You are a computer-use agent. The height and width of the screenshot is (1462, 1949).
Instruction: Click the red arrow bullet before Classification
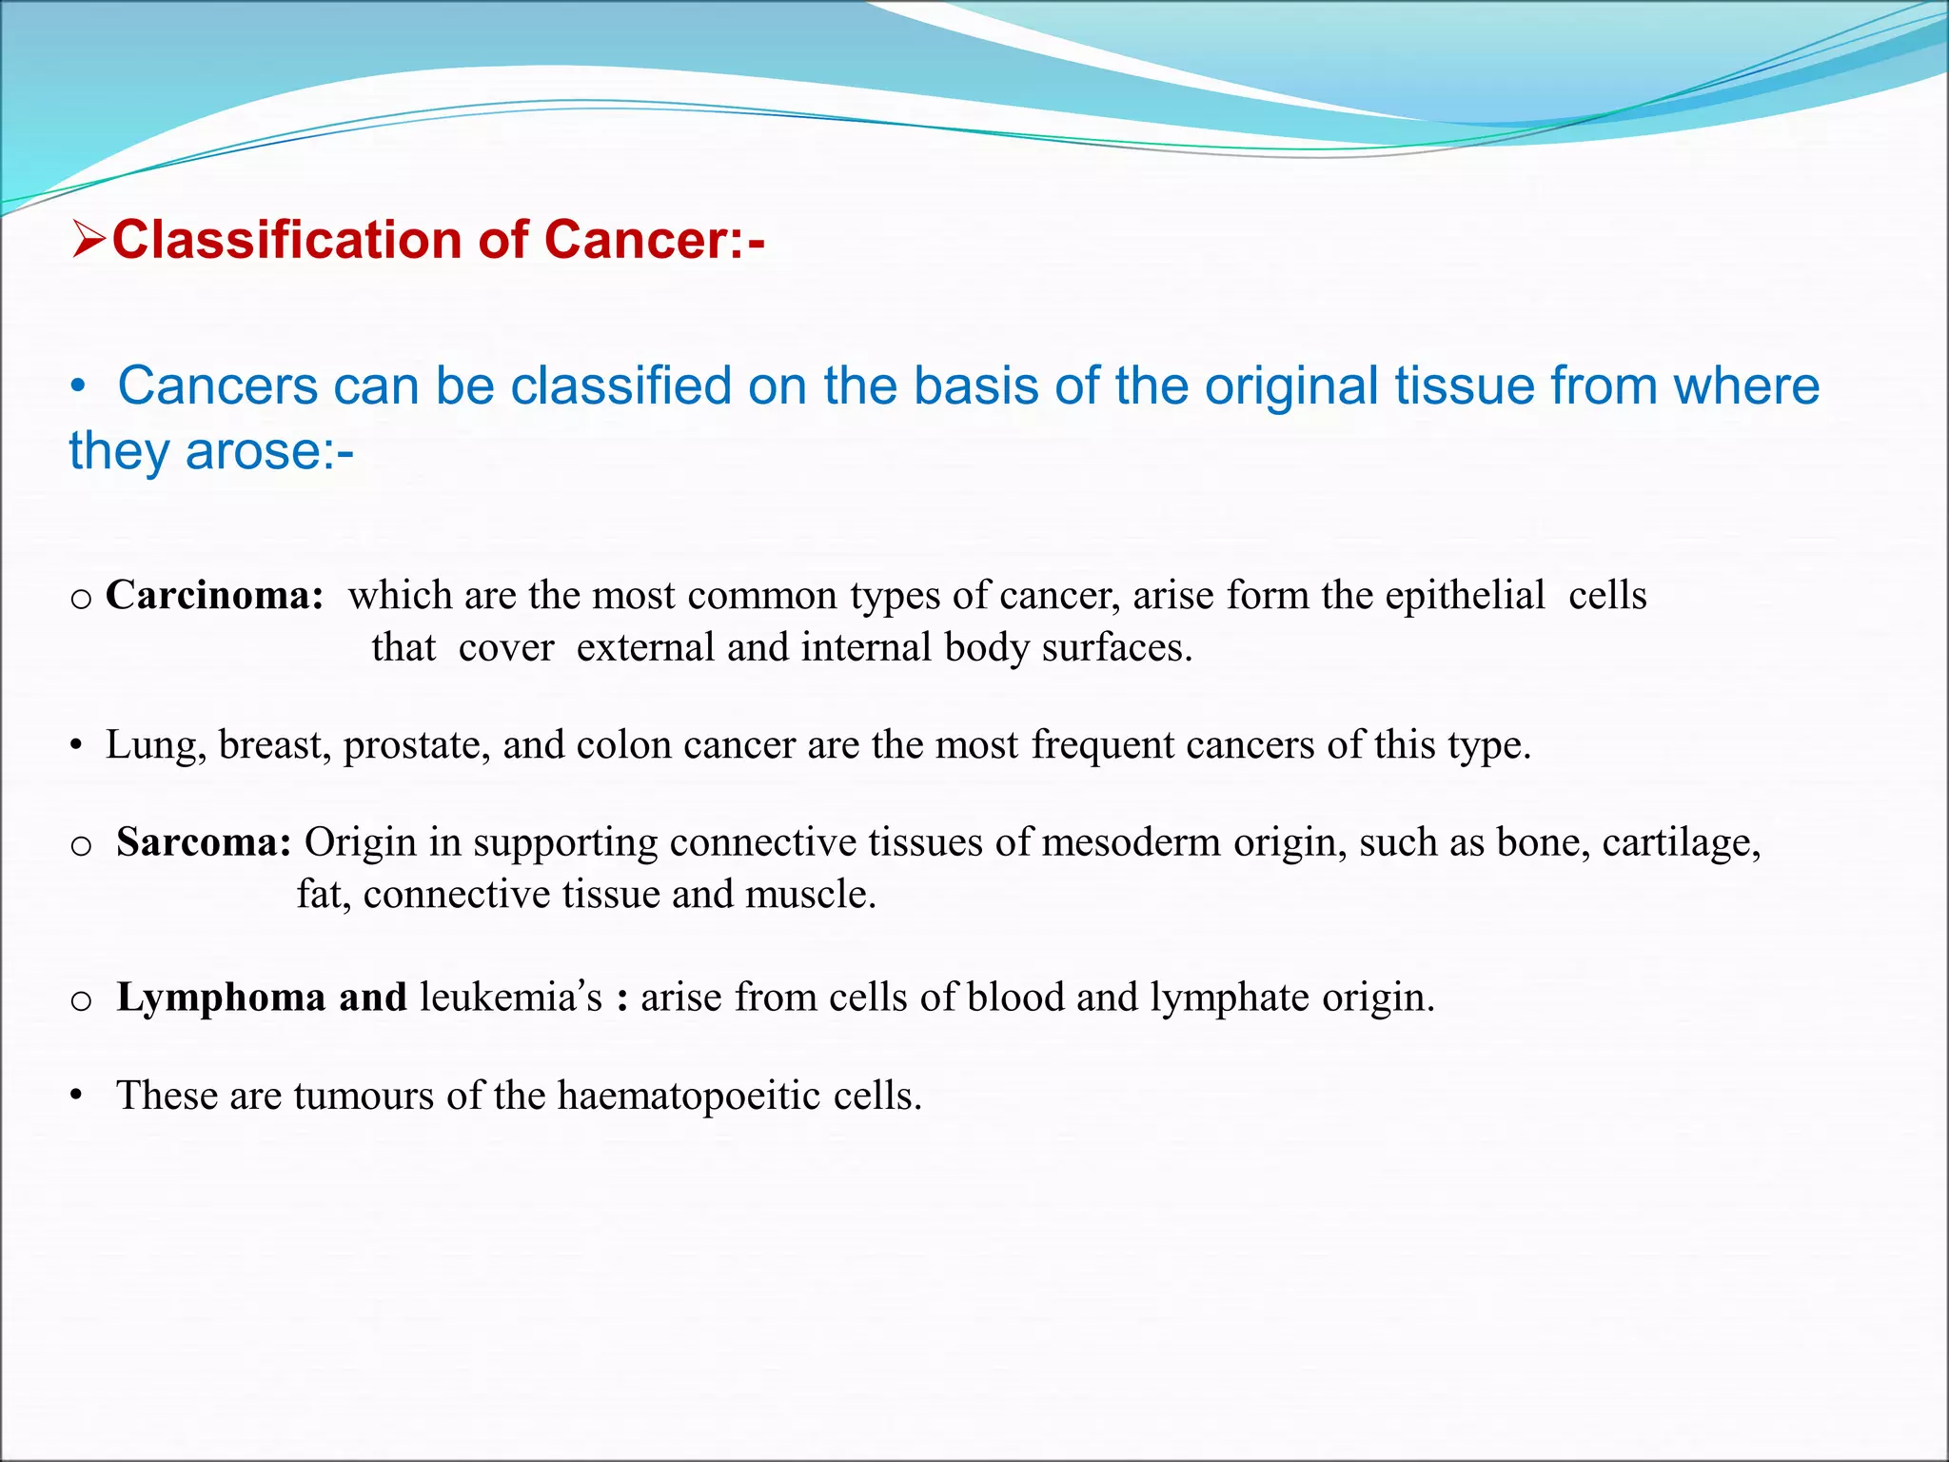pyautogui.click(x=89, y=240)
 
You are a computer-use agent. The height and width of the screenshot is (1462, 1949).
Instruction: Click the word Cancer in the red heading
pyautogui.click(x=636, y=240)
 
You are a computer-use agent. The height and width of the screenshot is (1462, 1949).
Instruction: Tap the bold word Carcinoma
pyautogui.click(x=214, y=596)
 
